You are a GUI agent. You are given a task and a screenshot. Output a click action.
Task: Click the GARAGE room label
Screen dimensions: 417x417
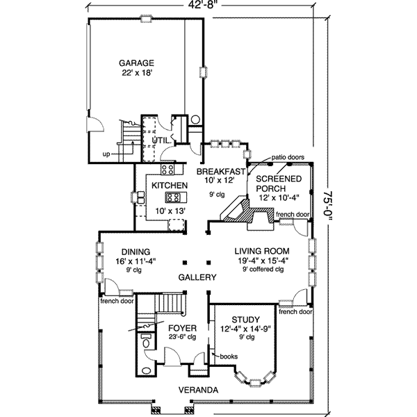click(x=136, y=62)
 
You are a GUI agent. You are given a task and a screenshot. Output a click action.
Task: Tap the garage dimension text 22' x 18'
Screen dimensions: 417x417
click(x=136, y=72)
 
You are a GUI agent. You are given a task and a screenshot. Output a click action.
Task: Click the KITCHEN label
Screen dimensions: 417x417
click(x=166, y=186)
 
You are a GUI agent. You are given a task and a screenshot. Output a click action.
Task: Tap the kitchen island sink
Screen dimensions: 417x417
click(x=172, y=197)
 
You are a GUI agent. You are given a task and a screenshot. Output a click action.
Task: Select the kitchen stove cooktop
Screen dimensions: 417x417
click(x=167, y=169)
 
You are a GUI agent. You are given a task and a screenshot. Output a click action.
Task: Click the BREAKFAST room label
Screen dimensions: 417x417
click(x=221, y=171)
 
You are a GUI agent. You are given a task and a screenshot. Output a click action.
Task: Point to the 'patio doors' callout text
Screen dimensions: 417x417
click(x=288, y=158)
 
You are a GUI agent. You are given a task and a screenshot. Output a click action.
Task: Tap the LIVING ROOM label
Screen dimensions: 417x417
click(x=261, y=251)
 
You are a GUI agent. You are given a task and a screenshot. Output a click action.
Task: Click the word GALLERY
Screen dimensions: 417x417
click(x=197, y=277)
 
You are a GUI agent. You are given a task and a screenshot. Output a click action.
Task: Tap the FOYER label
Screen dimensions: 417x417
click(x=181, y=327)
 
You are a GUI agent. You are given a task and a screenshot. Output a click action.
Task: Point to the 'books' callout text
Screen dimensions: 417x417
click(x=229, y=357)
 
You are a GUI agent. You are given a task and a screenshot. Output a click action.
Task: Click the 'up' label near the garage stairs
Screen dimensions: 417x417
click(x=106, y=154)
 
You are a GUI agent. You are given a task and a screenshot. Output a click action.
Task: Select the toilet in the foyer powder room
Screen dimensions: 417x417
click(x=146, y=342)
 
